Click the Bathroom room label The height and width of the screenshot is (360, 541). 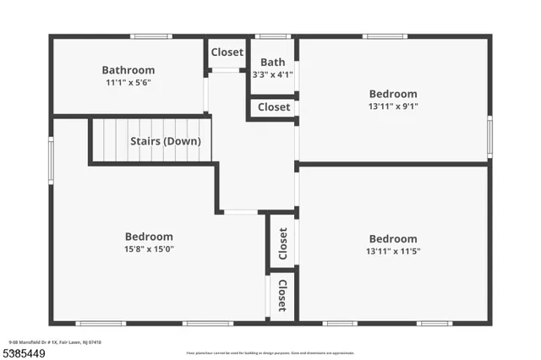tap(128, 70)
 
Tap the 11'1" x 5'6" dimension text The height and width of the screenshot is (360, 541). tap(128, 83)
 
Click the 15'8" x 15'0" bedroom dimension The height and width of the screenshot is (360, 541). tap(149, 249)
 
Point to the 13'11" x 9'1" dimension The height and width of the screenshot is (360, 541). tap(392, 106)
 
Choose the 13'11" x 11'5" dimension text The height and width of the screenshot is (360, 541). tap(392, 252)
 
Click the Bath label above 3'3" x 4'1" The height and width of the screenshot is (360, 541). tap(272, 62)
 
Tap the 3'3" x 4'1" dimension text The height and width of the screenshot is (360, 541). tap(272, 74)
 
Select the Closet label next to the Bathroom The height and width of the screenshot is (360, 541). tap(227, 52)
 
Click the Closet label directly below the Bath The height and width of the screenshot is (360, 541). tap(273, 107)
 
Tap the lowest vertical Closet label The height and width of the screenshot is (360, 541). tap(282, 296)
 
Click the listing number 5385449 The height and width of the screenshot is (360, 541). tap(23, 352)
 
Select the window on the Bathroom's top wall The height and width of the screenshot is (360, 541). tap(151, 36)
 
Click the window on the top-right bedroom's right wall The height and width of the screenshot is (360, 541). tap(489, 137)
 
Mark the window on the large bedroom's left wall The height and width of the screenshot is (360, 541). tap(52, 161)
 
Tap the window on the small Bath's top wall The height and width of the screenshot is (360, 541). tap(272, 36)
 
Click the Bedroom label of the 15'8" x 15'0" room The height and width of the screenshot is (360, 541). tap(149, 237)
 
